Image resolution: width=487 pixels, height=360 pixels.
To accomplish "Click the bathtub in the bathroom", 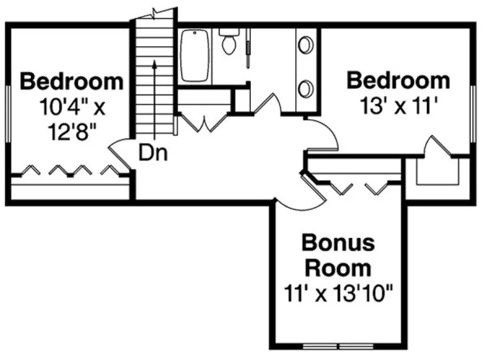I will tap(195, 56).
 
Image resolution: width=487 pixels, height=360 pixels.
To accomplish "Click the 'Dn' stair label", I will tap(153, 153).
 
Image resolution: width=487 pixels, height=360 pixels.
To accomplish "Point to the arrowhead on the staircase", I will tap(155, 63).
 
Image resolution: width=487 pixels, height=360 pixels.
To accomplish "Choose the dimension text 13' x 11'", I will tap(398, 106).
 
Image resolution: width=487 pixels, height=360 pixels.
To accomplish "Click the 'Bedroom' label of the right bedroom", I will tap(398, 81).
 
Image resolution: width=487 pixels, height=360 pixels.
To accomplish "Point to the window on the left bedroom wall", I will tap(9, 114).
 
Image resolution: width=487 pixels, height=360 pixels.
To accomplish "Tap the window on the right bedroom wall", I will tap(473, 114).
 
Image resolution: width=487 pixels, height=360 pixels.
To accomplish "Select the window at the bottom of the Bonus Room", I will tap(337, 345).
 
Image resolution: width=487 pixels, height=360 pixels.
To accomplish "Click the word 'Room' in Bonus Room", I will tap(338, 268).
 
